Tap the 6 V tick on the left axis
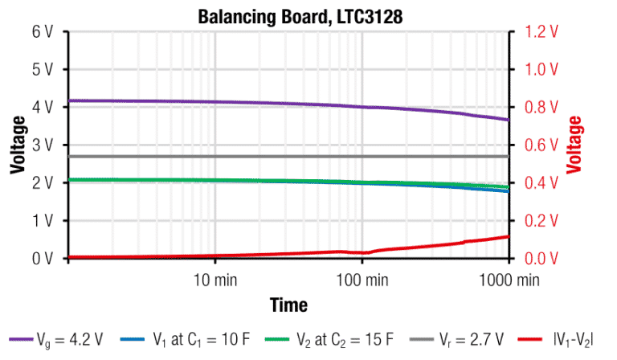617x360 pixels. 42,31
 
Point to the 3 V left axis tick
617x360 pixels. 42,145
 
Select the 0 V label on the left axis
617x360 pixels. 42,258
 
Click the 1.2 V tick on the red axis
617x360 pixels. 541,31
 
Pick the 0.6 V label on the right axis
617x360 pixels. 541,145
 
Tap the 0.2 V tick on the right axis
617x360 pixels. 541,220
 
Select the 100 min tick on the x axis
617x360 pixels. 361,280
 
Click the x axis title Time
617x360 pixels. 288,305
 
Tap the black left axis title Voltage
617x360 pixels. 17,145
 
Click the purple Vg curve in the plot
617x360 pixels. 241,103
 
